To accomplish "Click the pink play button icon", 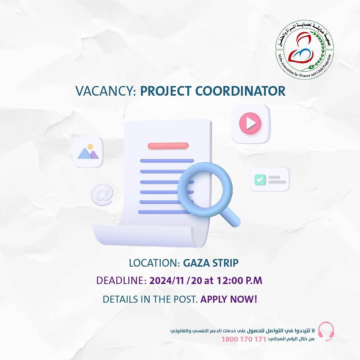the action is [250, 123].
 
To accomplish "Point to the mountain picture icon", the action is [88, 152].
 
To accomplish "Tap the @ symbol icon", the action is [102, 194].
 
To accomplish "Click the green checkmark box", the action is [260, 180].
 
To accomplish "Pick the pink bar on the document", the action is [168, 146].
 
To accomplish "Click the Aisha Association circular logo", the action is [305, 50].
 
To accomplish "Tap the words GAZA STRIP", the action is [211, 263].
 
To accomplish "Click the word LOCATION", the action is [154, 263].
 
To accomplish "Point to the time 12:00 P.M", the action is [239, 281].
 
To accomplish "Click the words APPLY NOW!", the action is [229, 299].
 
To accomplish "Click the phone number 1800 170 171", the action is [244, 339].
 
